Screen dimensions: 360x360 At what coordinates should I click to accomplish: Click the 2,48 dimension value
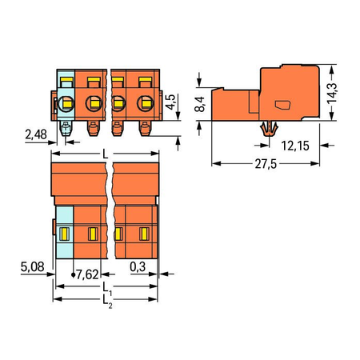36,134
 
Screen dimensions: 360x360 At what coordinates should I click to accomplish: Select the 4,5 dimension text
170,102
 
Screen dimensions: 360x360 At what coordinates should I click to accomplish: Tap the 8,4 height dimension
200,104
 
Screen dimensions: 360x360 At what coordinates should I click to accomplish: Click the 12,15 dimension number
295,146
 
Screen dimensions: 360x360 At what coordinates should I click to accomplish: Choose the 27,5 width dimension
266,164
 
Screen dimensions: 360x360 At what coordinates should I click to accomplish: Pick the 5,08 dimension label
32,266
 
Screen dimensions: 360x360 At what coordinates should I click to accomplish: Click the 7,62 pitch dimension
87,274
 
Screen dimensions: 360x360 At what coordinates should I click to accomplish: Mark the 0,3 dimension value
138,266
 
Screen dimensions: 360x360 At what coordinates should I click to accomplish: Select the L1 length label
107,289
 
